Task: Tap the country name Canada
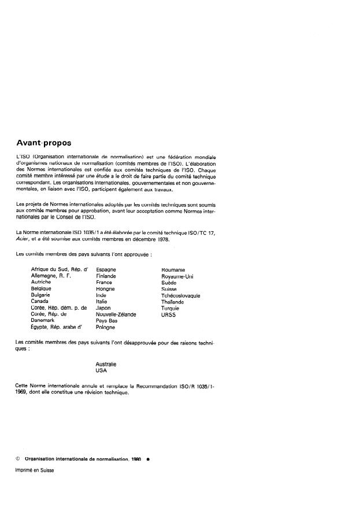[x=39, y=301]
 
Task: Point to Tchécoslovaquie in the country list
[x=180, y=295]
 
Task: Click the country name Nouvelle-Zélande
[x=116, y=314]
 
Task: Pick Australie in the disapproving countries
[x=106, y=364]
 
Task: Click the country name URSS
[x=168, y=314]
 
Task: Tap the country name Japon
[x=104, y=307]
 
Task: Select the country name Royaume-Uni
[x=177, y=276]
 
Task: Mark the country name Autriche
[x=42, y=283]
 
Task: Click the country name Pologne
[x=105, y=327]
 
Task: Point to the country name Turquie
[x=171, y=308]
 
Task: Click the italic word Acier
[x=23, y=239]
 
